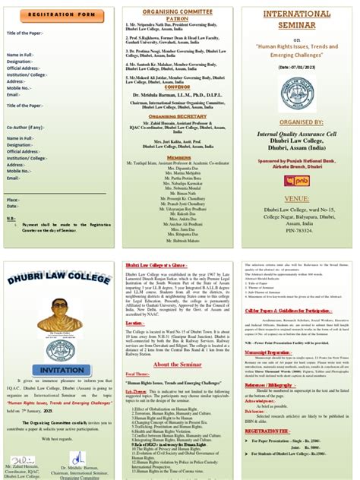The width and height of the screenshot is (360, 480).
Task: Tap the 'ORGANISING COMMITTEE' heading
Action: point(180,11)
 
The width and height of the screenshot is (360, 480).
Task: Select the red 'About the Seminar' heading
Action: point(180,365)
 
